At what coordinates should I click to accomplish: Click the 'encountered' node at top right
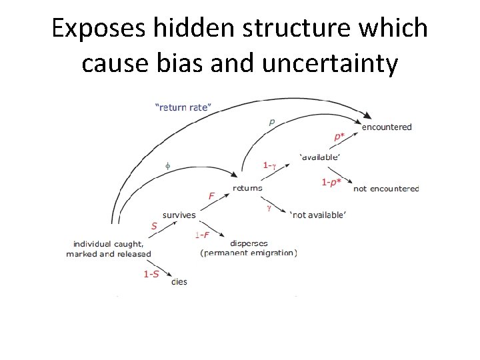pos(387,127)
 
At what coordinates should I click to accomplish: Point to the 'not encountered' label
pos(386,189)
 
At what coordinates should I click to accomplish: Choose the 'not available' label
pos(317,214)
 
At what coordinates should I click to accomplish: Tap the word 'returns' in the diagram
pos(247,188)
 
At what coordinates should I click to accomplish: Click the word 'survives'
pos(179,215)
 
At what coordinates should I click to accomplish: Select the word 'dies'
pos(179,281)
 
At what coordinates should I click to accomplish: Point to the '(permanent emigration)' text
pos(248,253)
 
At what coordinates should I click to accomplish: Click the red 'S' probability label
pos(154,226)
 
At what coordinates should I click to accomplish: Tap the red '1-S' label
pos(151,274)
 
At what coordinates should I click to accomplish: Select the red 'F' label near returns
pos(211,196)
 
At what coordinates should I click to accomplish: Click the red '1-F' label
pos(203,235)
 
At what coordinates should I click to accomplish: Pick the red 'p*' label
pos(339,137)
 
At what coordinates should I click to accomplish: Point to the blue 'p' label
pos(271,122)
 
